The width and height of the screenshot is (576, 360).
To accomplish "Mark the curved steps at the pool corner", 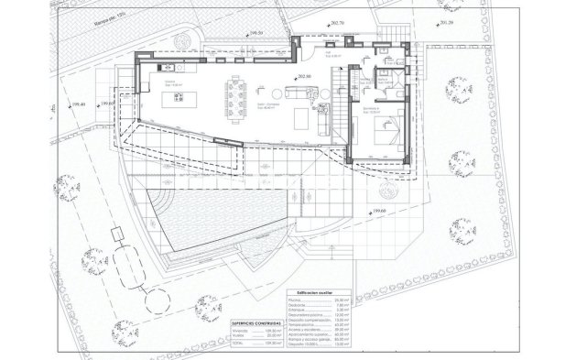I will pyautogui.click(x=163, y=196).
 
